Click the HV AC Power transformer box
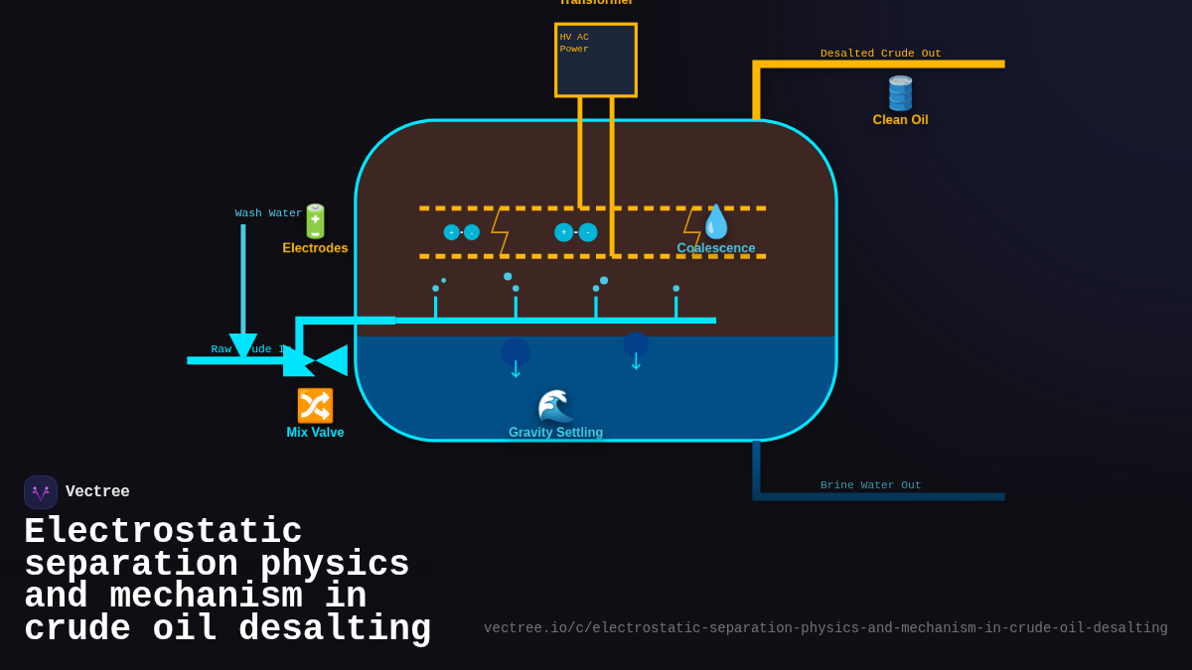point(596,61)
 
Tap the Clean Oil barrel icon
point(900,93)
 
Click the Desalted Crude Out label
point(880,54)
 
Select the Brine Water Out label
point(870,485)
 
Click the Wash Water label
point(268,213)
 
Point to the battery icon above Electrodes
point(315,221)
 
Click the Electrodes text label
point(315,248)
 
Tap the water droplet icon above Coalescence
point(716,221)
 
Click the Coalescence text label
point(716,248)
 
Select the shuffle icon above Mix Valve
point(315,406)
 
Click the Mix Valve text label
point(315,433)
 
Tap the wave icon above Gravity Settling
point(555,407)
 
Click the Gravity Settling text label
point(555,433)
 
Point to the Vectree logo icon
point(41,492)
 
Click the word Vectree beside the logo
point(97,492)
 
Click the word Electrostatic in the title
point(163,532)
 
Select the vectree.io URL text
point(825,628)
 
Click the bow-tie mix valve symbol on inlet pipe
point(316,360)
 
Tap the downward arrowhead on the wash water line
point(243,346)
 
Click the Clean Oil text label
point(900,120)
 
